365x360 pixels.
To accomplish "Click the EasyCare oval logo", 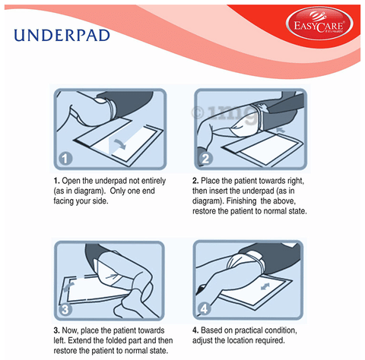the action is click(319, 24).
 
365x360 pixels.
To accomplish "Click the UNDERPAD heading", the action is click(62, 36).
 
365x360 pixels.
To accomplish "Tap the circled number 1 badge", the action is click(65, 159).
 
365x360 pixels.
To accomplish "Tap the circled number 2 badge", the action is click(205, 159).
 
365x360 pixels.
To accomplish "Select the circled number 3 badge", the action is click(65, 309).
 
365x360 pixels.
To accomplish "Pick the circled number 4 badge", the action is click(205, 308).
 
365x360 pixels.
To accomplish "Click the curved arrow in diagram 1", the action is click(119, 144).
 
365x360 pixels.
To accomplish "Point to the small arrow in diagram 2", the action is click(281, 130).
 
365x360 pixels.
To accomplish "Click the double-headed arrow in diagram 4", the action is click(265, 286).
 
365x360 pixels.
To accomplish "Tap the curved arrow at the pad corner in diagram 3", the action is click(68, 287).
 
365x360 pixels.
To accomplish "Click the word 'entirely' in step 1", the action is click(154, 181).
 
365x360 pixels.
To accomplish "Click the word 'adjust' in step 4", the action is click(202, 341).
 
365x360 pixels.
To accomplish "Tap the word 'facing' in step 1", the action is click(62, 201).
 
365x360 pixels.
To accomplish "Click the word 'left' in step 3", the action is click(59, 340).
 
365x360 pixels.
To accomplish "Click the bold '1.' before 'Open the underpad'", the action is click(57, 181).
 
